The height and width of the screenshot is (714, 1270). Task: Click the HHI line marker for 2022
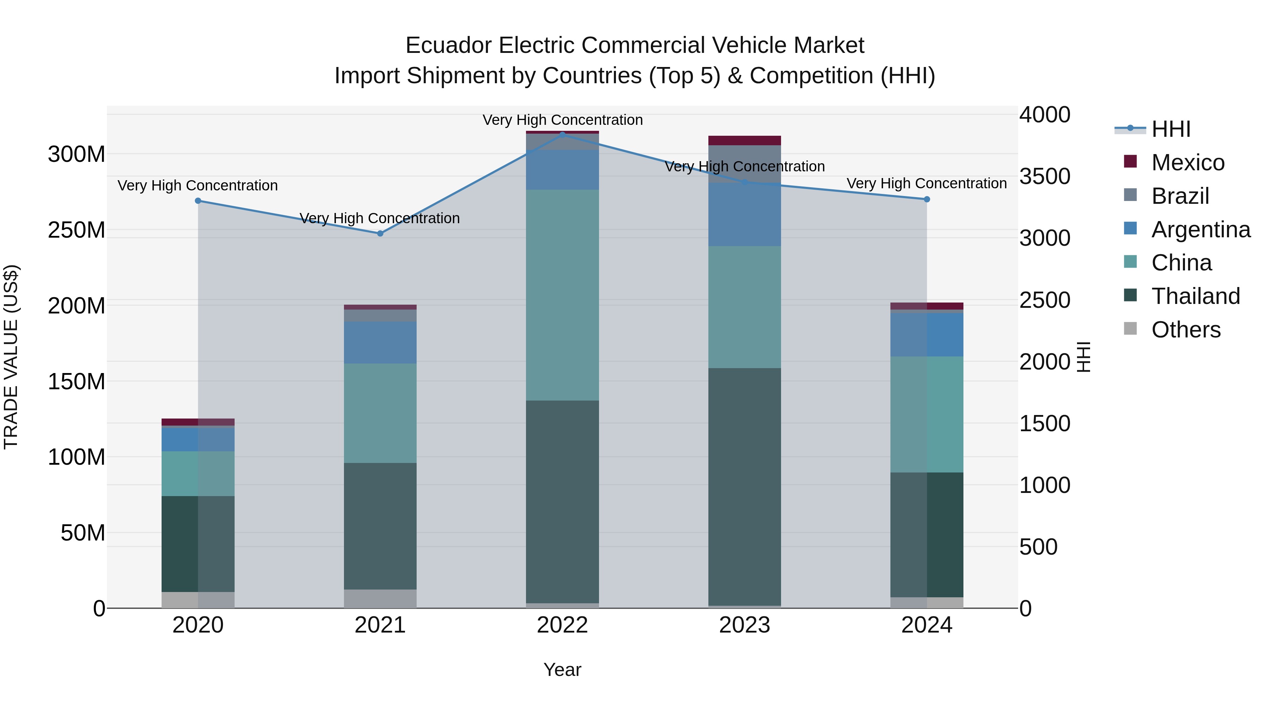pyautogui.click(x=563, y=135)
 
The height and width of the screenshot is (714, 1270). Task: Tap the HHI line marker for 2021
pyautogui.click(x=380, y=233)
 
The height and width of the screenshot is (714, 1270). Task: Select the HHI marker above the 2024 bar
pyautogui.click(x=927, y=199)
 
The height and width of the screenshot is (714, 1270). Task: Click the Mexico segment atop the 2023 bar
pyautogui.click(x=744, y=140)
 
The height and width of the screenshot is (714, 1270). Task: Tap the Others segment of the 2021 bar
pyautogui.click(x=380, y=599)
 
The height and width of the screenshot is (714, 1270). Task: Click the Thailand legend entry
pyautogui.click(x=1195, y=296)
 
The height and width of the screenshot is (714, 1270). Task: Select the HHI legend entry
pyautogui.click(x=1171, y=129)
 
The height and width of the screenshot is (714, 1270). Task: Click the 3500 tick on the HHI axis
pyautogui.click(x=1045, y=176)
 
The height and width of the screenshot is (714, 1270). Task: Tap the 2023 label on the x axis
pyautogui.click(x=744, y=625)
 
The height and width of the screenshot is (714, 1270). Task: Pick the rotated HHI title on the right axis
pyautogui.click(x=1083, y=357)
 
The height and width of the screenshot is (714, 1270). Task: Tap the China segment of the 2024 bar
pyautogui.click(x=927, y=414)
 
